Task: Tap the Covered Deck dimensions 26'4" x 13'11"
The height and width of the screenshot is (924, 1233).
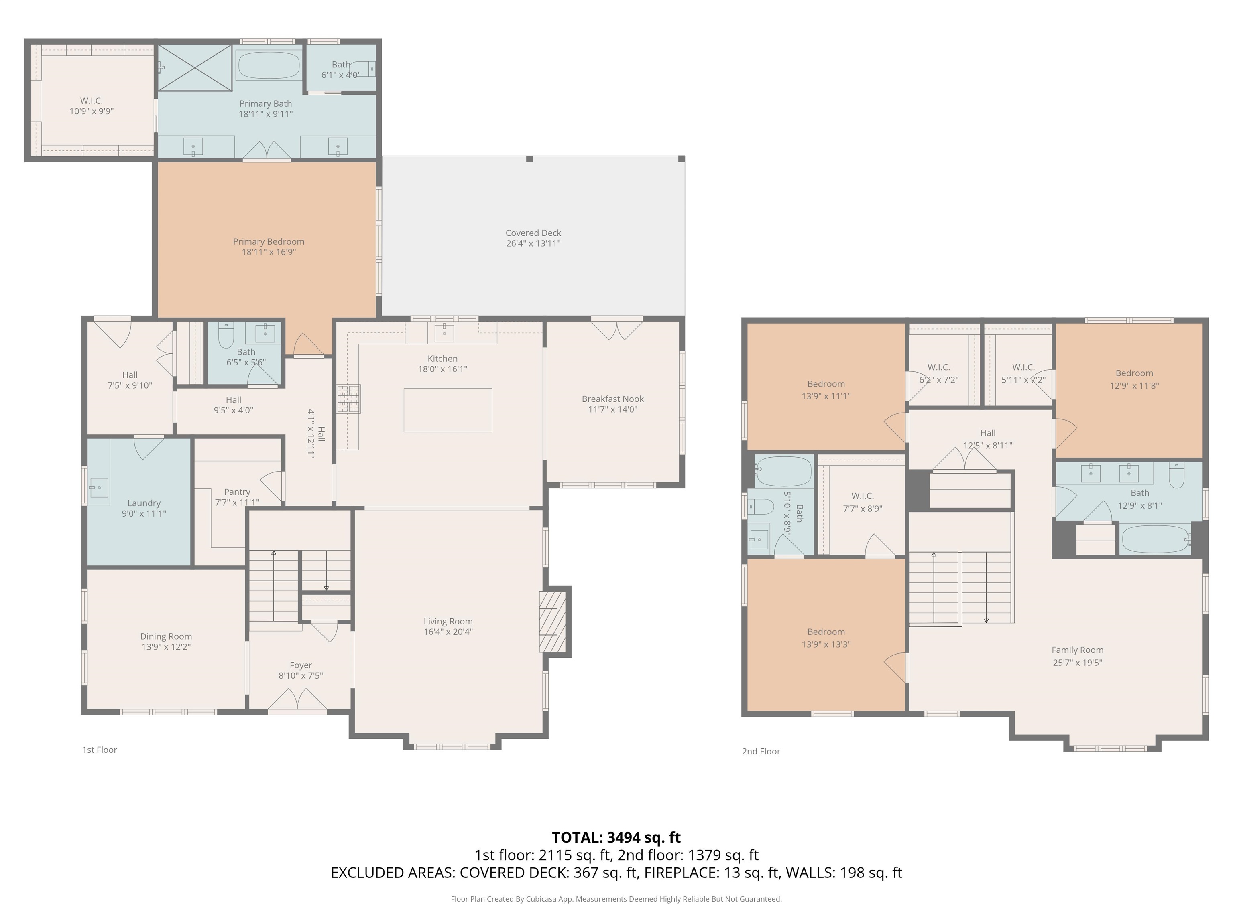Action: pyautogui.click(x=533, y=243)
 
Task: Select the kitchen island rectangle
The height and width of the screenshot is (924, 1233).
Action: pyautogui.click(x=448, y=410)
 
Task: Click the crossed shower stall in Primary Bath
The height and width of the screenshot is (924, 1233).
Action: pyautogui.click(x=195, y=67)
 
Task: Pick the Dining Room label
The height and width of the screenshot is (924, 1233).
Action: pyautogui.click(x=166, y=636)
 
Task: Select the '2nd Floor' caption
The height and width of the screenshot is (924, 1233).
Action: pyautogui.click(x=761, y=751)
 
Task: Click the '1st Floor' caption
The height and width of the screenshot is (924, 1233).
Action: pyautogui.click(x=100, y=750)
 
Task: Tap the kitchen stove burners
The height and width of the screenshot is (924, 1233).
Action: pyautogui.click(x=348, y=399)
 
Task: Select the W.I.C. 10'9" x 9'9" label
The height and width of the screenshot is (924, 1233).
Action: pyautogui.click(x=92, y=106)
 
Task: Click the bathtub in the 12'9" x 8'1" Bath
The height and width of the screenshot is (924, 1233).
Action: pyautogui.click(x=1155, y=539)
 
